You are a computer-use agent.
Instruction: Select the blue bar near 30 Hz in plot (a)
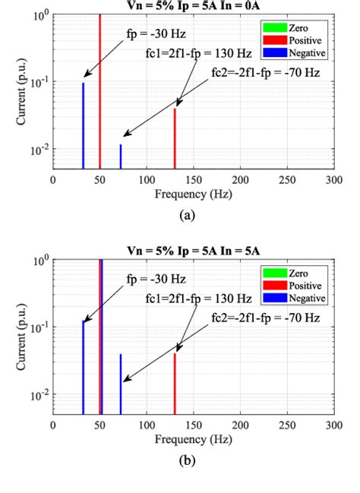click(83, 125)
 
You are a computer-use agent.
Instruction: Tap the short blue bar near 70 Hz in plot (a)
click(121, 156)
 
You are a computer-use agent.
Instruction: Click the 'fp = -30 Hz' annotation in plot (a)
click(155, 34)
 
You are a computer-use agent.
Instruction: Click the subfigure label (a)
click(188, 215)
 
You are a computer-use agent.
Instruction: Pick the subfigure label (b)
click(188, 461)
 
